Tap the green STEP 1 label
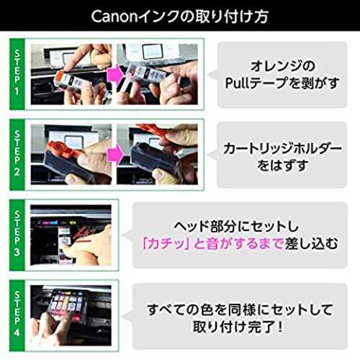tap(17, 74)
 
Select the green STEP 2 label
tap(17, 154)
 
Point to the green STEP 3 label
tap(17, 235)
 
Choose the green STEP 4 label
tap(17, 315)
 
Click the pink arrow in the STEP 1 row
tap(115, 74)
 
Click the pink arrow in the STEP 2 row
tap(115, 154)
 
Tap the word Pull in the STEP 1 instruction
tap(237, 83)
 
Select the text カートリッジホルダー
tap(282, 148)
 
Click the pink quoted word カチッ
tap(165, 243)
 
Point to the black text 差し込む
tap(311, 243)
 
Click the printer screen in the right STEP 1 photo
tap(153, 53)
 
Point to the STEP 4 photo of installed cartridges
tap(71, 315)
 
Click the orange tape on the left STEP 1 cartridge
tap(60, 77)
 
